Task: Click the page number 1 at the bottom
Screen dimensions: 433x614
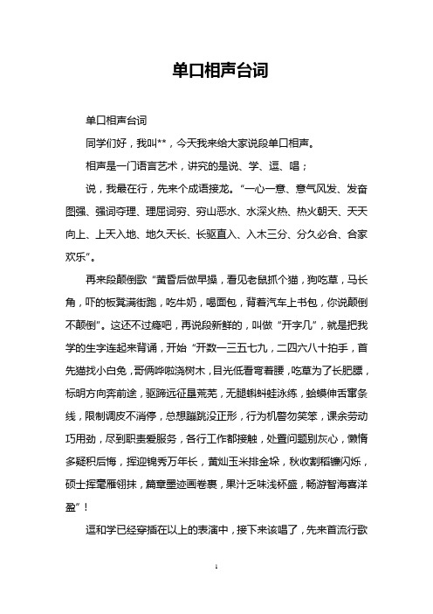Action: tap(216, 593)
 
